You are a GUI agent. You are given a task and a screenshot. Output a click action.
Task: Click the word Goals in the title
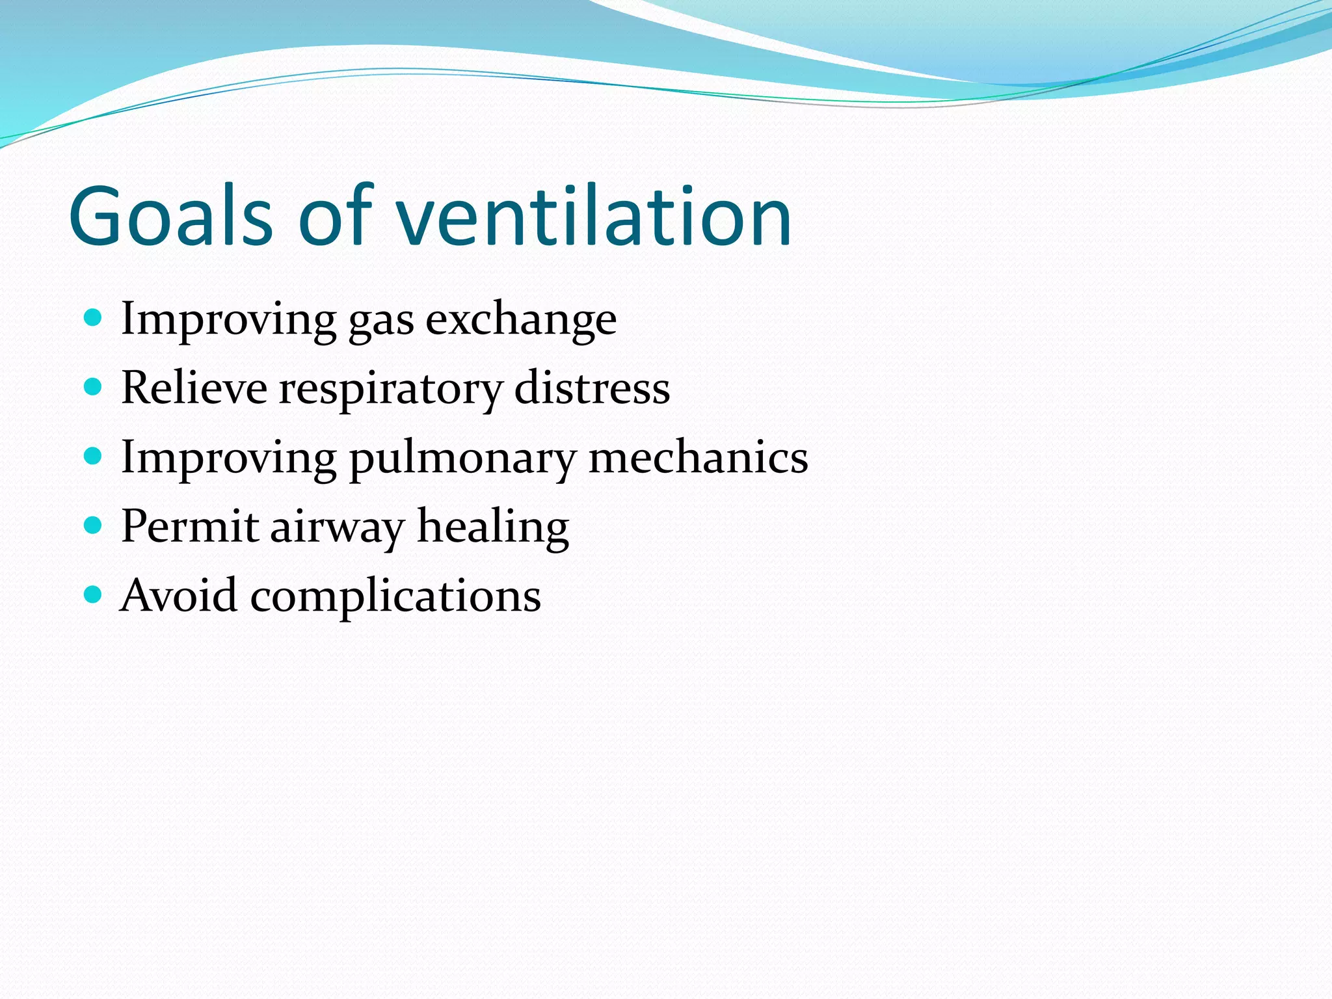(x=170, y=216)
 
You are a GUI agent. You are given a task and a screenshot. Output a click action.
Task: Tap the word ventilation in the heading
(x=593, y=216)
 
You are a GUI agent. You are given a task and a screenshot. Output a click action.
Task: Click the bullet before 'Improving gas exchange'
(x=94, y=318)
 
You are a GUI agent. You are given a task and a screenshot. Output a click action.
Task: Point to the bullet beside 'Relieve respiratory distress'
(x=94, y=388)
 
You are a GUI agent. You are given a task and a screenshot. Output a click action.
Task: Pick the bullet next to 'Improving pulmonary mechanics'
(x=94, y=457)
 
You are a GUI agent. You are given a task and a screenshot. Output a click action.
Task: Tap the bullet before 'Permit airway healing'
(x=94, y=526)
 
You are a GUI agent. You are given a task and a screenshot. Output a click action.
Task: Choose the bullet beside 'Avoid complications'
(x=94, y=594)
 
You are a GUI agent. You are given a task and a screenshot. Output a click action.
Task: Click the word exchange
(x=521, y=319)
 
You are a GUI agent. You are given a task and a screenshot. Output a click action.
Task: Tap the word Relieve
(x=194, y=388)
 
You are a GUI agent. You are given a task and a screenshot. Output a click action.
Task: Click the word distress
(x=592, y=388)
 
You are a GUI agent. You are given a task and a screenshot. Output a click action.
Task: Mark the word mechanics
(x=698, y=457)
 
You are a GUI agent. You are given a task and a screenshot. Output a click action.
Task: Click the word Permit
(x=190, y=526)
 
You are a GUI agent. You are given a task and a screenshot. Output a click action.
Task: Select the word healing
(x=493, y=528)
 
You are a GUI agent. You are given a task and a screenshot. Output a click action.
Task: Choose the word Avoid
(x=180, y=595)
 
